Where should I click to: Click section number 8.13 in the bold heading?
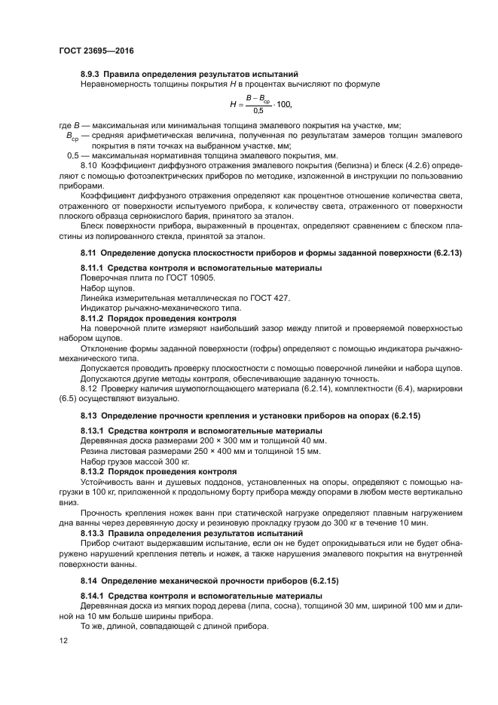point(89,415)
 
